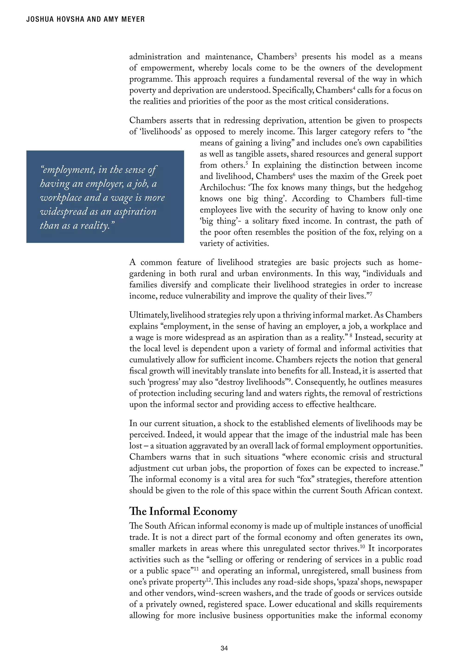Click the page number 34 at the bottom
click(224, 648)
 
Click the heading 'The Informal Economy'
click(183, 511)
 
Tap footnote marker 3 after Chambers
click(296, 55)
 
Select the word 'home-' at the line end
click(410, 262)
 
